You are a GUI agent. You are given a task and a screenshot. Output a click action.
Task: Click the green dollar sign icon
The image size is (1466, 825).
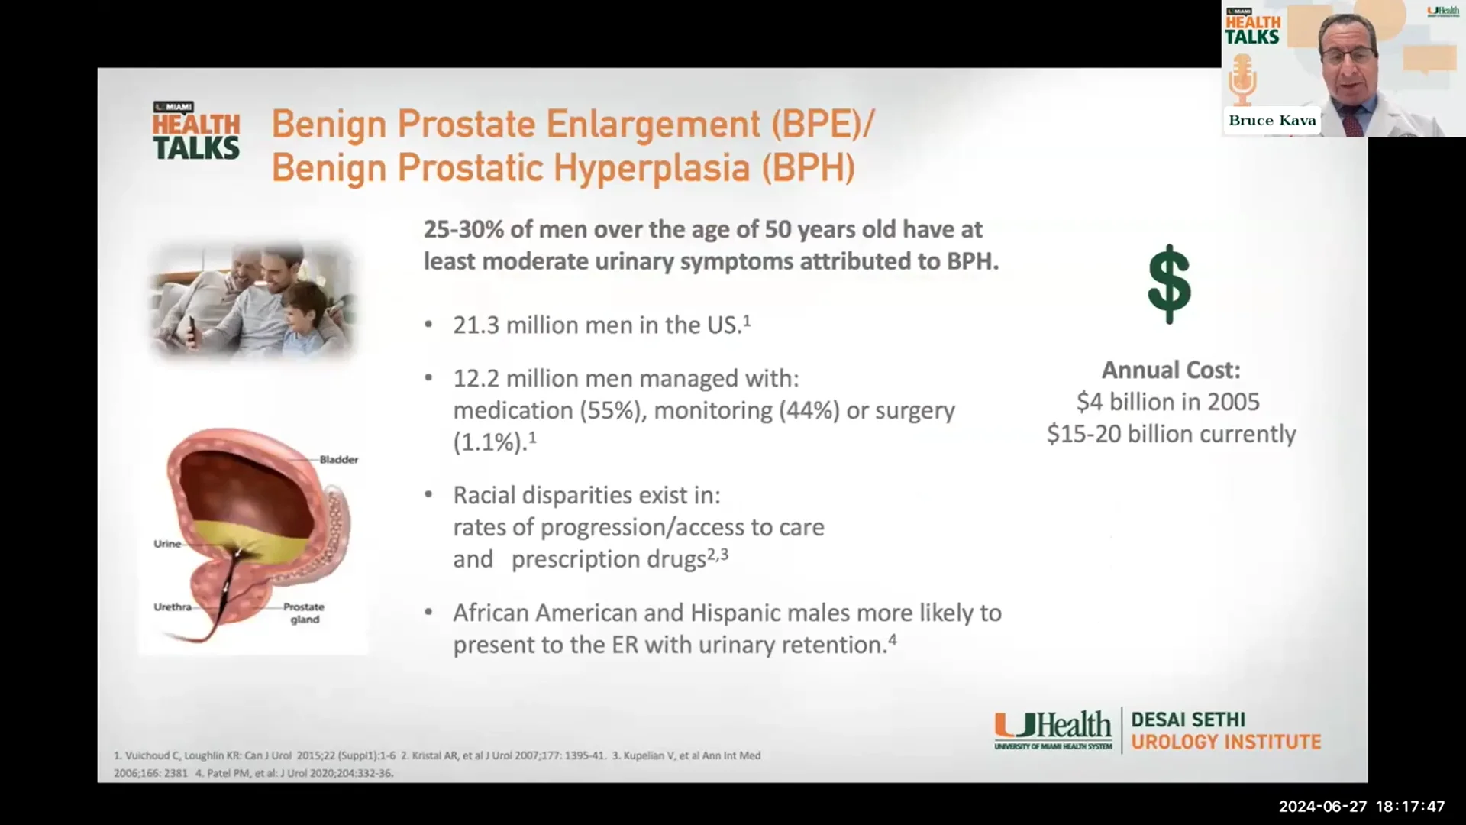[1169, 284]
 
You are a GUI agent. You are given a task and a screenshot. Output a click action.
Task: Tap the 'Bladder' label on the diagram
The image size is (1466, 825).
[338, 460]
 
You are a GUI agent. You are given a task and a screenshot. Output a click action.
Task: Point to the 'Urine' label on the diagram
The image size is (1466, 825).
[167, 544]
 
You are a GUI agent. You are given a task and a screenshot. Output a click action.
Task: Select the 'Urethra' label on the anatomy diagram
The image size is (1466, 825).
[173, 607]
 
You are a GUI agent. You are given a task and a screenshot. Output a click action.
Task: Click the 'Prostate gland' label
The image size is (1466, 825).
[304, 613]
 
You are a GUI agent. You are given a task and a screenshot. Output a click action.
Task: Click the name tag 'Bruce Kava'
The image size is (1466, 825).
[1272, 121]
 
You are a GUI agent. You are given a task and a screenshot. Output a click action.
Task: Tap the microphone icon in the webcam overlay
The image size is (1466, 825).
[1242, 81]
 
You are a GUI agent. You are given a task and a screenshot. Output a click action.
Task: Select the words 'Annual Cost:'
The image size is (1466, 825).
[1171, 370]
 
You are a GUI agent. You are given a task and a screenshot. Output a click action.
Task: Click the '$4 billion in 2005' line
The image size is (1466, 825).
[1168, 402]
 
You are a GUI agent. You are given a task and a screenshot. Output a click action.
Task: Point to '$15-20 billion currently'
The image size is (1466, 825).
[1171, 434]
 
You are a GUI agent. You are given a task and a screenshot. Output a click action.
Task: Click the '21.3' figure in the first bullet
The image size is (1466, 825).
[476, 325]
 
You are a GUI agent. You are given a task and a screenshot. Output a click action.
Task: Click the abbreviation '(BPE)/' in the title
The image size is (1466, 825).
[823, 125]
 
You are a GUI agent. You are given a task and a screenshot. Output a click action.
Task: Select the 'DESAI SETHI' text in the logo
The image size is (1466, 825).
[1188, 720]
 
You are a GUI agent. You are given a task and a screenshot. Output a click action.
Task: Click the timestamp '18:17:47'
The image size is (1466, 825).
[1410, 807]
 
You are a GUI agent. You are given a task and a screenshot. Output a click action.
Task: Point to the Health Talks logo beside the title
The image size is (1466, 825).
[196, 131]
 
